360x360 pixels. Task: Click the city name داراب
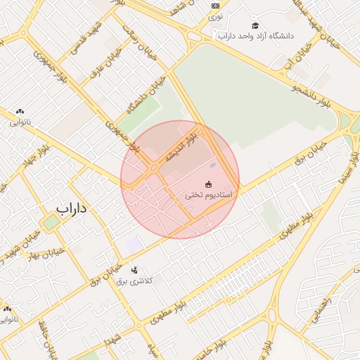tap(70, 209)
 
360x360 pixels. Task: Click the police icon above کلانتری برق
tap(134, 270)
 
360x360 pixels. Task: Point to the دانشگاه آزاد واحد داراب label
tap(255, 36)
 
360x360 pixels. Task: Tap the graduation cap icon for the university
tap(255, 25)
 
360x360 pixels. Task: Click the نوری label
tap(216, 15)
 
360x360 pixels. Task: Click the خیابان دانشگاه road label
tap(140, 99)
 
